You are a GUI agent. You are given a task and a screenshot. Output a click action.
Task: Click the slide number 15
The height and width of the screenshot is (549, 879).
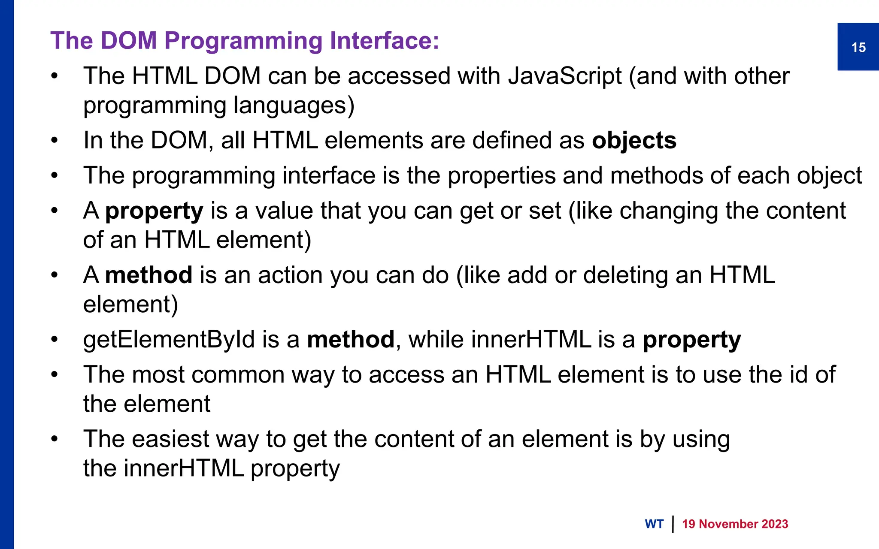point(858,47)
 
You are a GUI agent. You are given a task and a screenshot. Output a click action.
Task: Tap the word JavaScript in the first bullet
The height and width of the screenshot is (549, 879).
point(565,76)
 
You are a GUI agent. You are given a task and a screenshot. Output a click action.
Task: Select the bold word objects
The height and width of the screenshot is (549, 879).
point(634,141)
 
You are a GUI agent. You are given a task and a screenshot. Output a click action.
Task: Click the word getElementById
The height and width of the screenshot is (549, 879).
point(169,340)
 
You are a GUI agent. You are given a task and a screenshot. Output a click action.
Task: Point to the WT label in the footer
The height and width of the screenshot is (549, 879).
point(654,524)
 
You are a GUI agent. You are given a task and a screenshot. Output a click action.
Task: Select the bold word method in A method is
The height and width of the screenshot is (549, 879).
point(149,275)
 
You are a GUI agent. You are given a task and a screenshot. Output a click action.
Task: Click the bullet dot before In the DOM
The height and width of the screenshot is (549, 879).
point(54,141)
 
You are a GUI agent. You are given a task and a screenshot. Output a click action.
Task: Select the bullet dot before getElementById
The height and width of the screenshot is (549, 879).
point(54,340)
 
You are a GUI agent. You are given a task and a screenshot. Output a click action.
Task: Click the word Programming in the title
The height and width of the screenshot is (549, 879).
point(243,42)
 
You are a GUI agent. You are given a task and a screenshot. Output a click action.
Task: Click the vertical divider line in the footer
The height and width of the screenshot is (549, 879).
point(673,524)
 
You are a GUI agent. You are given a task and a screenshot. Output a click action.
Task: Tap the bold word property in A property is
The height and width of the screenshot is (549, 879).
point(154,211)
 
